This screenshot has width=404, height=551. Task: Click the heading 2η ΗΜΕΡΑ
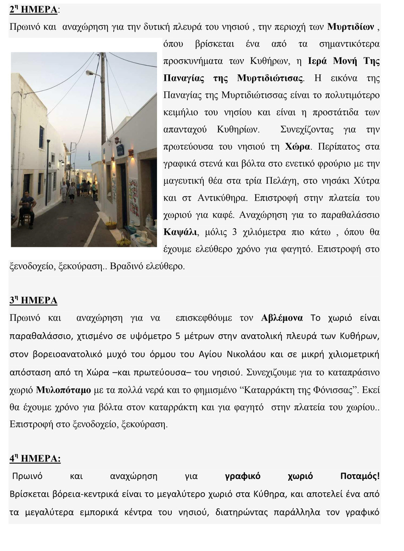[x=33, y=9]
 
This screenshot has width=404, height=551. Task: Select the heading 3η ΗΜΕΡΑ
[x=33, y=301]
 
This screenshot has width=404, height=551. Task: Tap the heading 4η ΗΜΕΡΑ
[x=35, y=459]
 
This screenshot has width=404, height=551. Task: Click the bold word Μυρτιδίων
[x=351, y=26]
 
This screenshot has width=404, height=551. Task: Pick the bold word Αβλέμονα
[x=282, y=318]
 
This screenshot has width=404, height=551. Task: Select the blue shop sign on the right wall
[x=120, y=150]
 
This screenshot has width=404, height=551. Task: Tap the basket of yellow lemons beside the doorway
[x=111, y=225]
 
